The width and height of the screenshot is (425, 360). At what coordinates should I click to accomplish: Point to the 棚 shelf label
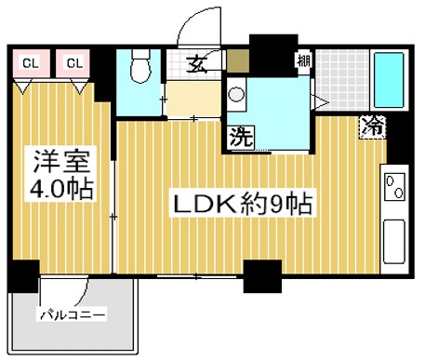303,62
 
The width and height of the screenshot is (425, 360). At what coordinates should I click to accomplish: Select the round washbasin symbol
237,94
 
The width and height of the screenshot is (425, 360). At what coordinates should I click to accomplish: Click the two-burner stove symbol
394,186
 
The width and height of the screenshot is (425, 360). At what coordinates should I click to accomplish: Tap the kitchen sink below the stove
394,239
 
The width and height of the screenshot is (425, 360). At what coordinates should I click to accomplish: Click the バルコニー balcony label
72,313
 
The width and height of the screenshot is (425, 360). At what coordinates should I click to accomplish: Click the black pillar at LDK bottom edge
261,275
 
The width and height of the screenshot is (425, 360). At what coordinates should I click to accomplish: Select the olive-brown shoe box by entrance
237,63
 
